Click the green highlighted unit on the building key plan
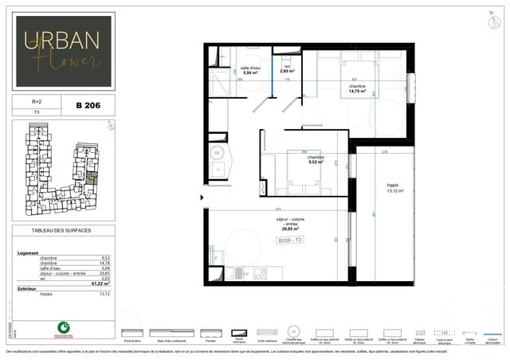92,178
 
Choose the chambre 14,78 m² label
356,88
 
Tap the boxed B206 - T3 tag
290,240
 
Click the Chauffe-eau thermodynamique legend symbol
294,331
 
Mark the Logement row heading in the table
27,252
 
